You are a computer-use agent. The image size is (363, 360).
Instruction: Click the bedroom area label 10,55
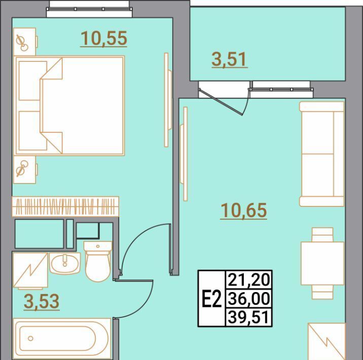104,38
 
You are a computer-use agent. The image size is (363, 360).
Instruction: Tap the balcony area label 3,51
229,59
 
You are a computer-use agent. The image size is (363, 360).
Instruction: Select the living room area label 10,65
244,210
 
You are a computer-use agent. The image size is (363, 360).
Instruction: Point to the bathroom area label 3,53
42,301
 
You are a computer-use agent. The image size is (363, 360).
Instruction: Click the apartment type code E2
212,299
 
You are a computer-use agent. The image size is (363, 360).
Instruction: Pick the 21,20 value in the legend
249,280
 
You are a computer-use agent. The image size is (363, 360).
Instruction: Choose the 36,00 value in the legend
249,299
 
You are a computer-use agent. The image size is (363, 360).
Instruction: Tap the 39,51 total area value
249,317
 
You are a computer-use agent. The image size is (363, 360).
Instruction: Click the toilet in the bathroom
98,262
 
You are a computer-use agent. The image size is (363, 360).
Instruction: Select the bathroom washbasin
65,263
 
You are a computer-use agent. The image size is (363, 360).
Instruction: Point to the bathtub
62,338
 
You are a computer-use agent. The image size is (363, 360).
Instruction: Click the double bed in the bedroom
69,105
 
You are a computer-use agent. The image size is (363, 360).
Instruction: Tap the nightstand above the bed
24,42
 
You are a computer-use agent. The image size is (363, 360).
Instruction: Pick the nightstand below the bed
24,170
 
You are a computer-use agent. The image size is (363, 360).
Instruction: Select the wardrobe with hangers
65,206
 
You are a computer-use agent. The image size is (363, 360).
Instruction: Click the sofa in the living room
322,154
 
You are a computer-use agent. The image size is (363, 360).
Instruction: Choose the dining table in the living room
322,263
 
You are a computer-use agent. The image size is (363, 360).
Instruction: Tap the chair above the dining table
322,235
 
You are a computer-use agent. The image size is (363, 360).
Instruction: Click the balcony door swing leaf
221,102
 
